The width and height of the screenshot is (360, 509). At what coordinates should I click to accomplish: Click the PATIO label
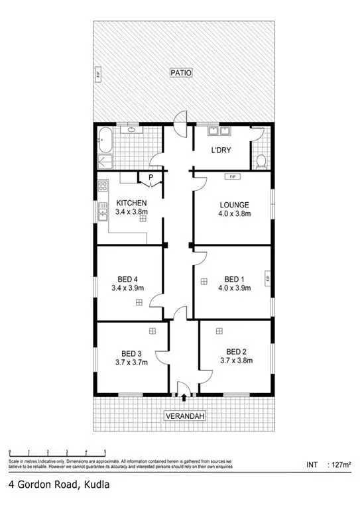click(180, 74)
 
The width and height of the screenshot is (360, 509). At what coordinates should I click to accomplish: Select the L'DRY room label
click(220, 150)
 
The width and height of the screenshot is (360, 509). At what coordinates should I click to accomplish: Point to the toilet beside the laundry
click(263, 160)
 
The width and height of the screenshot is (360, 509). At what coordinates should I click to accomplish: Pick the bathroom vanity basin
click(131, 129)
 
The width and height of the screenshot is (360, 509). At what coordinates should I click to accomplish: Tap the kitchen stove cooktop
click(102, 187)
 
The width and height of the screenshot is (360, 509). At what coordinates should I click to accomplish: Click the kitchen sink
click(102, 211)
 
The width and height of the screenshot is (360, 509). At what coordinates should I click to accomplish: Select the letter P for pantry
click(150, 178)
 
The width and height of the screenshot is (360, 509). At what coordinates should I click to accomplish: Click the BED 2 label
click(237, 351)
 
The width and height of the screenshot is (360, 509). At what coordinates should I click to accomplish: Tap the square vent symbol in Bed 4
click(139, 302)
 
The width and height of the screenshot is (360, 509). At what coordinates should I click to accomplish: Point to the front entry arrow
click(184, 396)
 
